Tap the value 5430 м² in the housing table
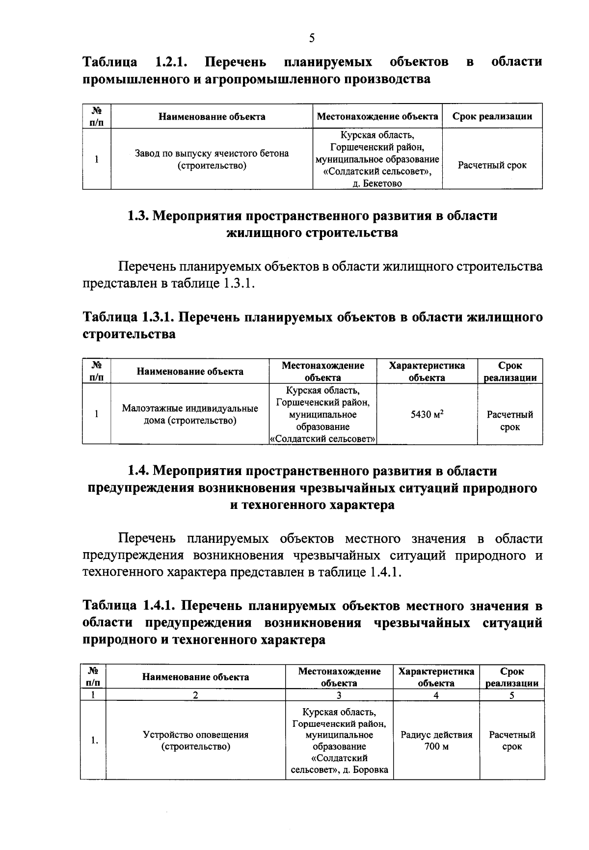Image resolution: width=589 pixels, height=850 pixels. pos(427,414)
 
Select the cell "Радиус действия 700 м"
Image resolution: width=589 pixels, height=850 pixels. pos(436,741)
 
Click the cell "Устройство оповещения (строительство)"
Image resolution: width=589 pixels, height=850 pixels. pos(195,741)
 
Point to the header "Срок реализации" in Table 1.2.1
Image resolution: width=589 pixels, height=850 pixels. pos(492,116)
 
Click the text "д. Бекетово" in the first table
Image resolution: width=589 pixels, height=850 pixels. pos(377,184)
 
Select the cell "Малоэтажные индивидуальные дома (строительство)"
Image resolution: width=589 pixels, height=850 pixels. pos(189,414)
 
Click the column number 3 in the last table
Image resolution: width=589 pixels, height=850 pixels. pos(339,695)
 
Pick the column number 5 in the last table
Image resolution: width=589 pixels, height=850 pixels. pos(511,695)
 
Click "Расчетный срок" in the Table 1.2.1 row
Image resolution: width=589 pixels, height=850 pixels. pos(492,165)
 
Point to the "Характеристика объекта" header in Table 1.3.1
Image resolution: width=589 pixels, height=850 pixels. pos(427,372)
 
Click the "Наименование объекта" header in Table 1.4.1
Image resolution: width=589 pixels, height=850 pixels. pos(195,677)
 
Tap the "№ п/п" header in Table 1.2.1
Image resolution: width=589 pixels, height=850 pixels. pos(96,116)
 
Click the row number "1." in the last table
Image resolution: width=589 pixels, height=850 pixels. pos(94,741)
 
